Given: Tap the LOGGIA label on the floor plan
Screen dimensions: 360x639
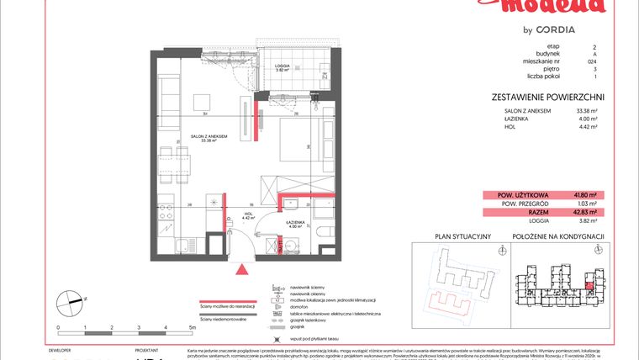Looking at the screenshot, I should [283, 66].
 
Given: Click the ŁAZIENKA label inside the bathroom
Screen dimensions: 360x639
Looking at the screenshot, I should [295, 223].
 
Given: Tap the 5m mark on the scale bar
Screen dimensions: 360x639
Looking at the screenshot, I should [193, 325].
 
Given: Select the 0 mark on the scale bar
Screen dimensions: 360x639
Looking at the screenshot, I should [58, 325].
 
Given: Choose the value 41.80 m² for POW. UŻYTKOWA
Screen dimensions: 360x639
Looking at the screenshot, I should [583, 195].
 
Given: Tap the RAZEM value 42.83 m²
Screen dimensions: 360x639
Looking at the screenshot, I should [583, 213].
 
